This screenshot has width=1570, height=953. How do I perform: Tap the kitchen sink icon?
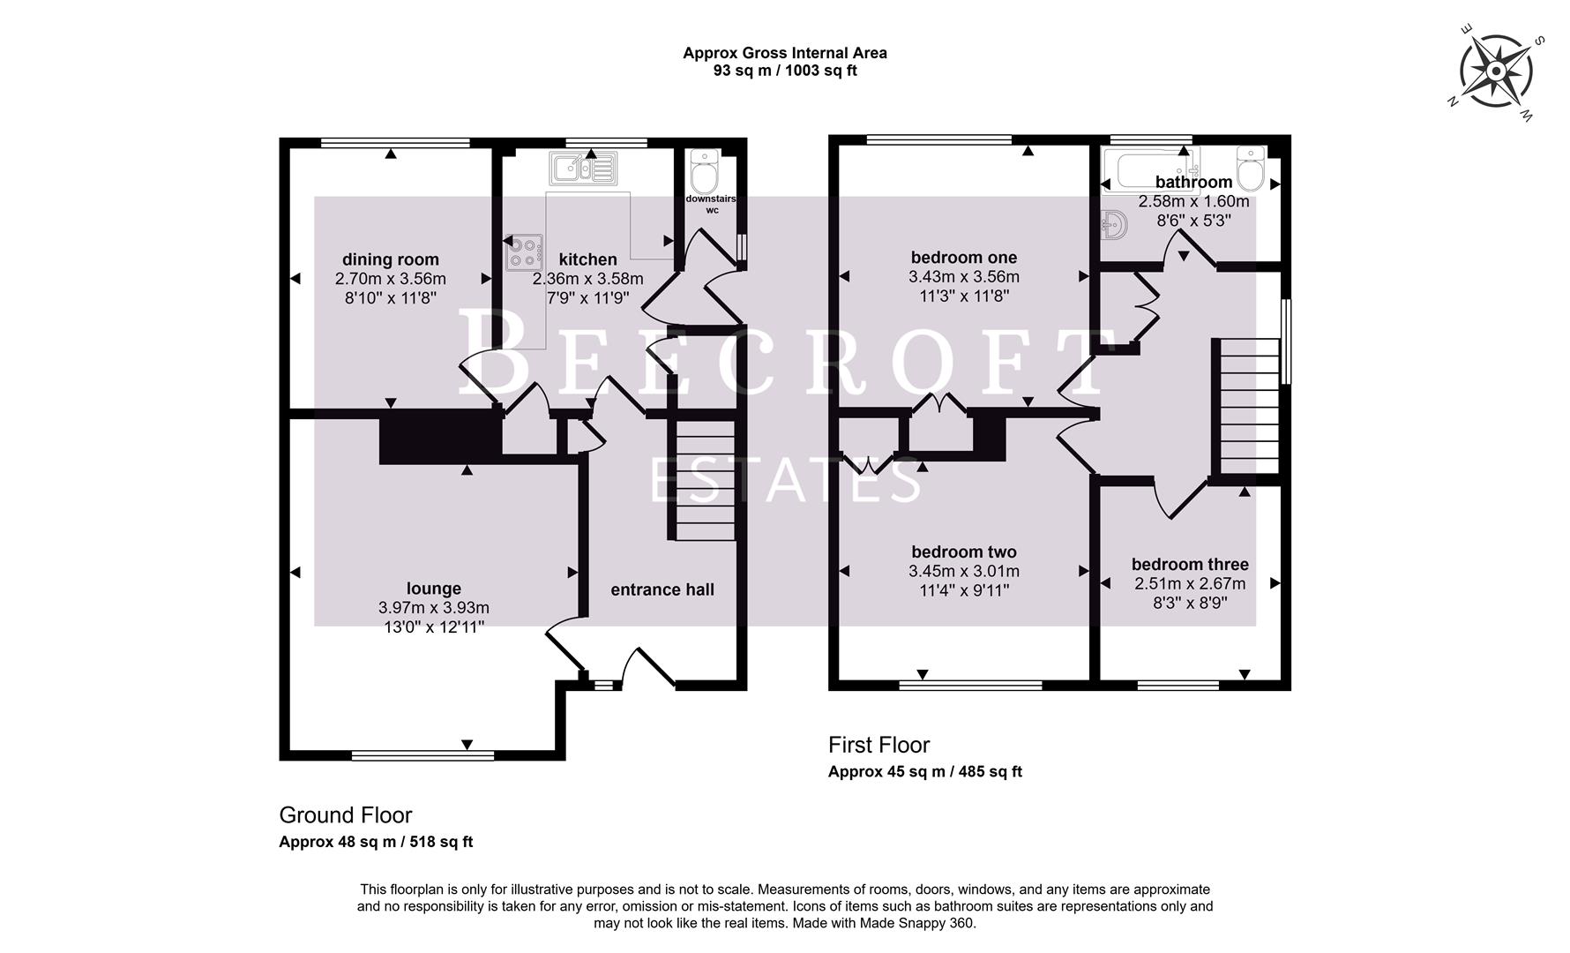(583, 166)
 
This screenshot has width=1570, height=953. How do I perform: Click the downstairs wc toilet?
(705, 171)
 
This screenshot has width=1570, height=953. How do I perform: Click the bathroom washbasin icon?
(1115, 225)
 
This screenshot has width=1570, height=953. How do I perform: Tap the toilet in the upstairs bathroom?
(1251, 167)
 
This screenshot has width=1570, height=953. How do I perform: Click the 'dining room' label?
(390, 259)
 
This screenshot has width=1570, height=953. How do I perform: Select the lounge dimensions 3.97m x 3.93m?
(433, 608)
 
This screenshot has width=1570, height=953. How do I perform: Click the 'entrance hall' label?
(662, 589)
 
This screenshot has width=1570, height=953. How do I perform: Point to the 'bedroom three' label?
(1190, 565)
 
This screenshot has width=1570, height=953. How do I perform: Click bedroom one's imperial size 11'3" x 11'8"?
(964, 296)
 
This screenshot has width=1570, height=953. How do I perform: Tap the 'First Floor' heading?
(878, 745)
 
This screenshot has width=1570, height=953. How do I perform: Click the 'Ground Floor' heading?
(346, 815)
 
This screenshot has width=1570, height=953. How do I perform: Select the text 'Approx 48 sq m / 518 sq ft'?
(376, 842)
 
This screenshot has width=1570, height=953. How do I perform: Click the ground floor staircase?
(705, 480)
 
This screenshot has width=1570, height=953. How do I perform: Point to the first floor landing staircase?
(1248, 407)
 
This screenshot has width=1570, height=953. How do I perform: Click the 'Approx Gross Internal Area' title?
(784, 53)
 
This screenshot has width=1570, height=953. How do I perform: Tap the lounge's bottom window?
(422, 755)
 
